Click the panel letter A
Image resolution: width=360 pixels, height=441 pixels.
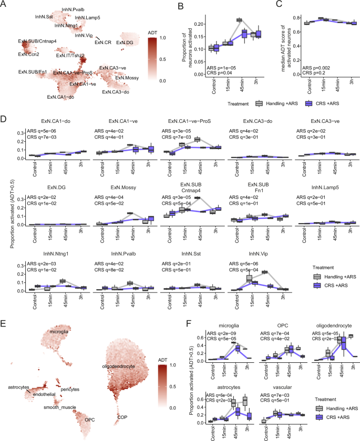click(4, 4)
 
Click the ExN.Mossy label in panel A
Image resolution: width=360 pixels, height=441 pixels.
click(128, 78)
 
